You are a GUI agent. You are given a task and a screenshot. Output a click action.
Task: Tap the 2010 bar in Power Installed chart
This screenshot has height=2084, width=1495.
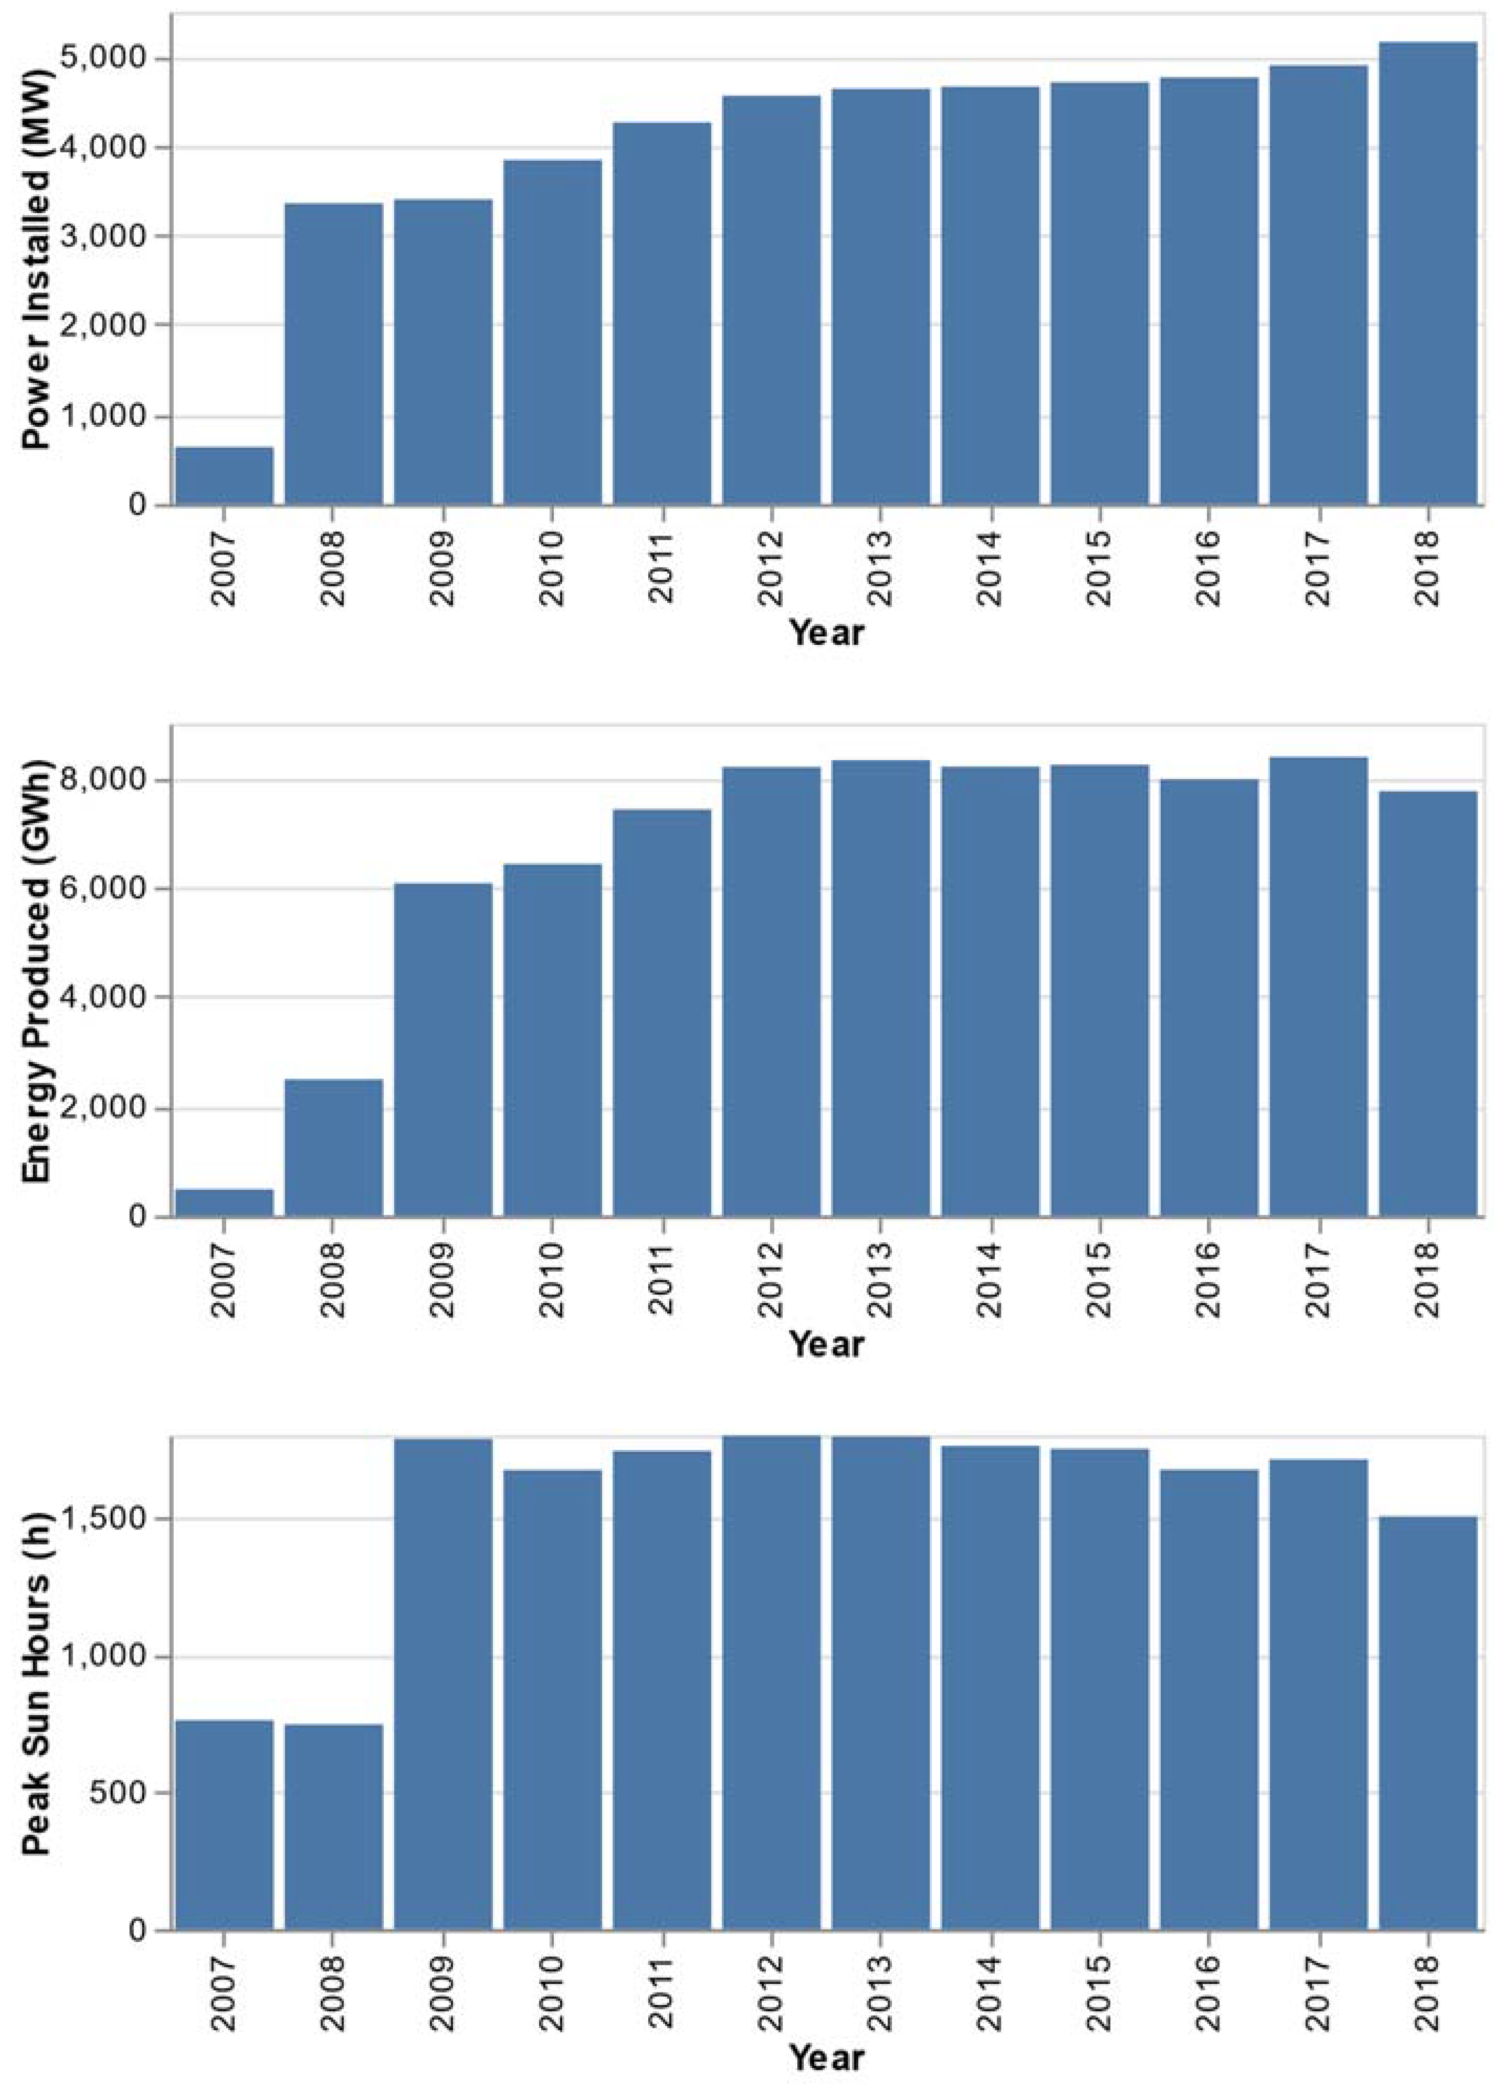[552, 333]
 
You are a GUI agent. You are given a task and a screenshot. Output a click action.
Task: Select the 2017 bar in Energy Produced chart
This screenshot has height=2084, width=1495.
[1318, 987]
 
